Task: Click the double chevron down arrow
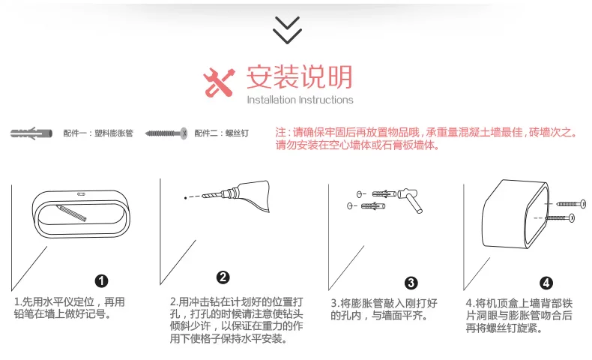287,30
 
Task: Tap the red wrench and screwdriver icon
219,82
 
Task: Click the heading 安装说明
300,77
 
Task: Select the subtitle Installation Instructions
300,100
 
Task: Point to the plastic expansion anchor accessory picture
31,133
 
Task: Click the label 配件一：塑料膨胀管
98,133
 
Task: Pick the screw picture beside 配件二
166,133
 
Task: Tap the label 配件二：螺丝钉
222,133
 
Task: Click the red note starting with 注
426,139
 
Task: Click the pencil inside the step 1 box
71,213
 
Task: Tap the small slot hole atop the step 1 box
81,194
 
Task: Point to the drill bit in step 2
212,195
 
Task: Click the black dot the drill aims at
185,197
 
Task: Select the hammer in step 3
411,199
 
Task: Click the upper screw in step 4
571,204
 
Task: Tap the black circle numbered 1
101,280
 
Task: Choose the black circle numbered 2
223,277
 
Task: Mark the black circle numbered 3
411,283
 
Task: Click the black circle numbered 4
546,283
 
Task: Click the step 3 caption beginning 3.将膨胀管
384,310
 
